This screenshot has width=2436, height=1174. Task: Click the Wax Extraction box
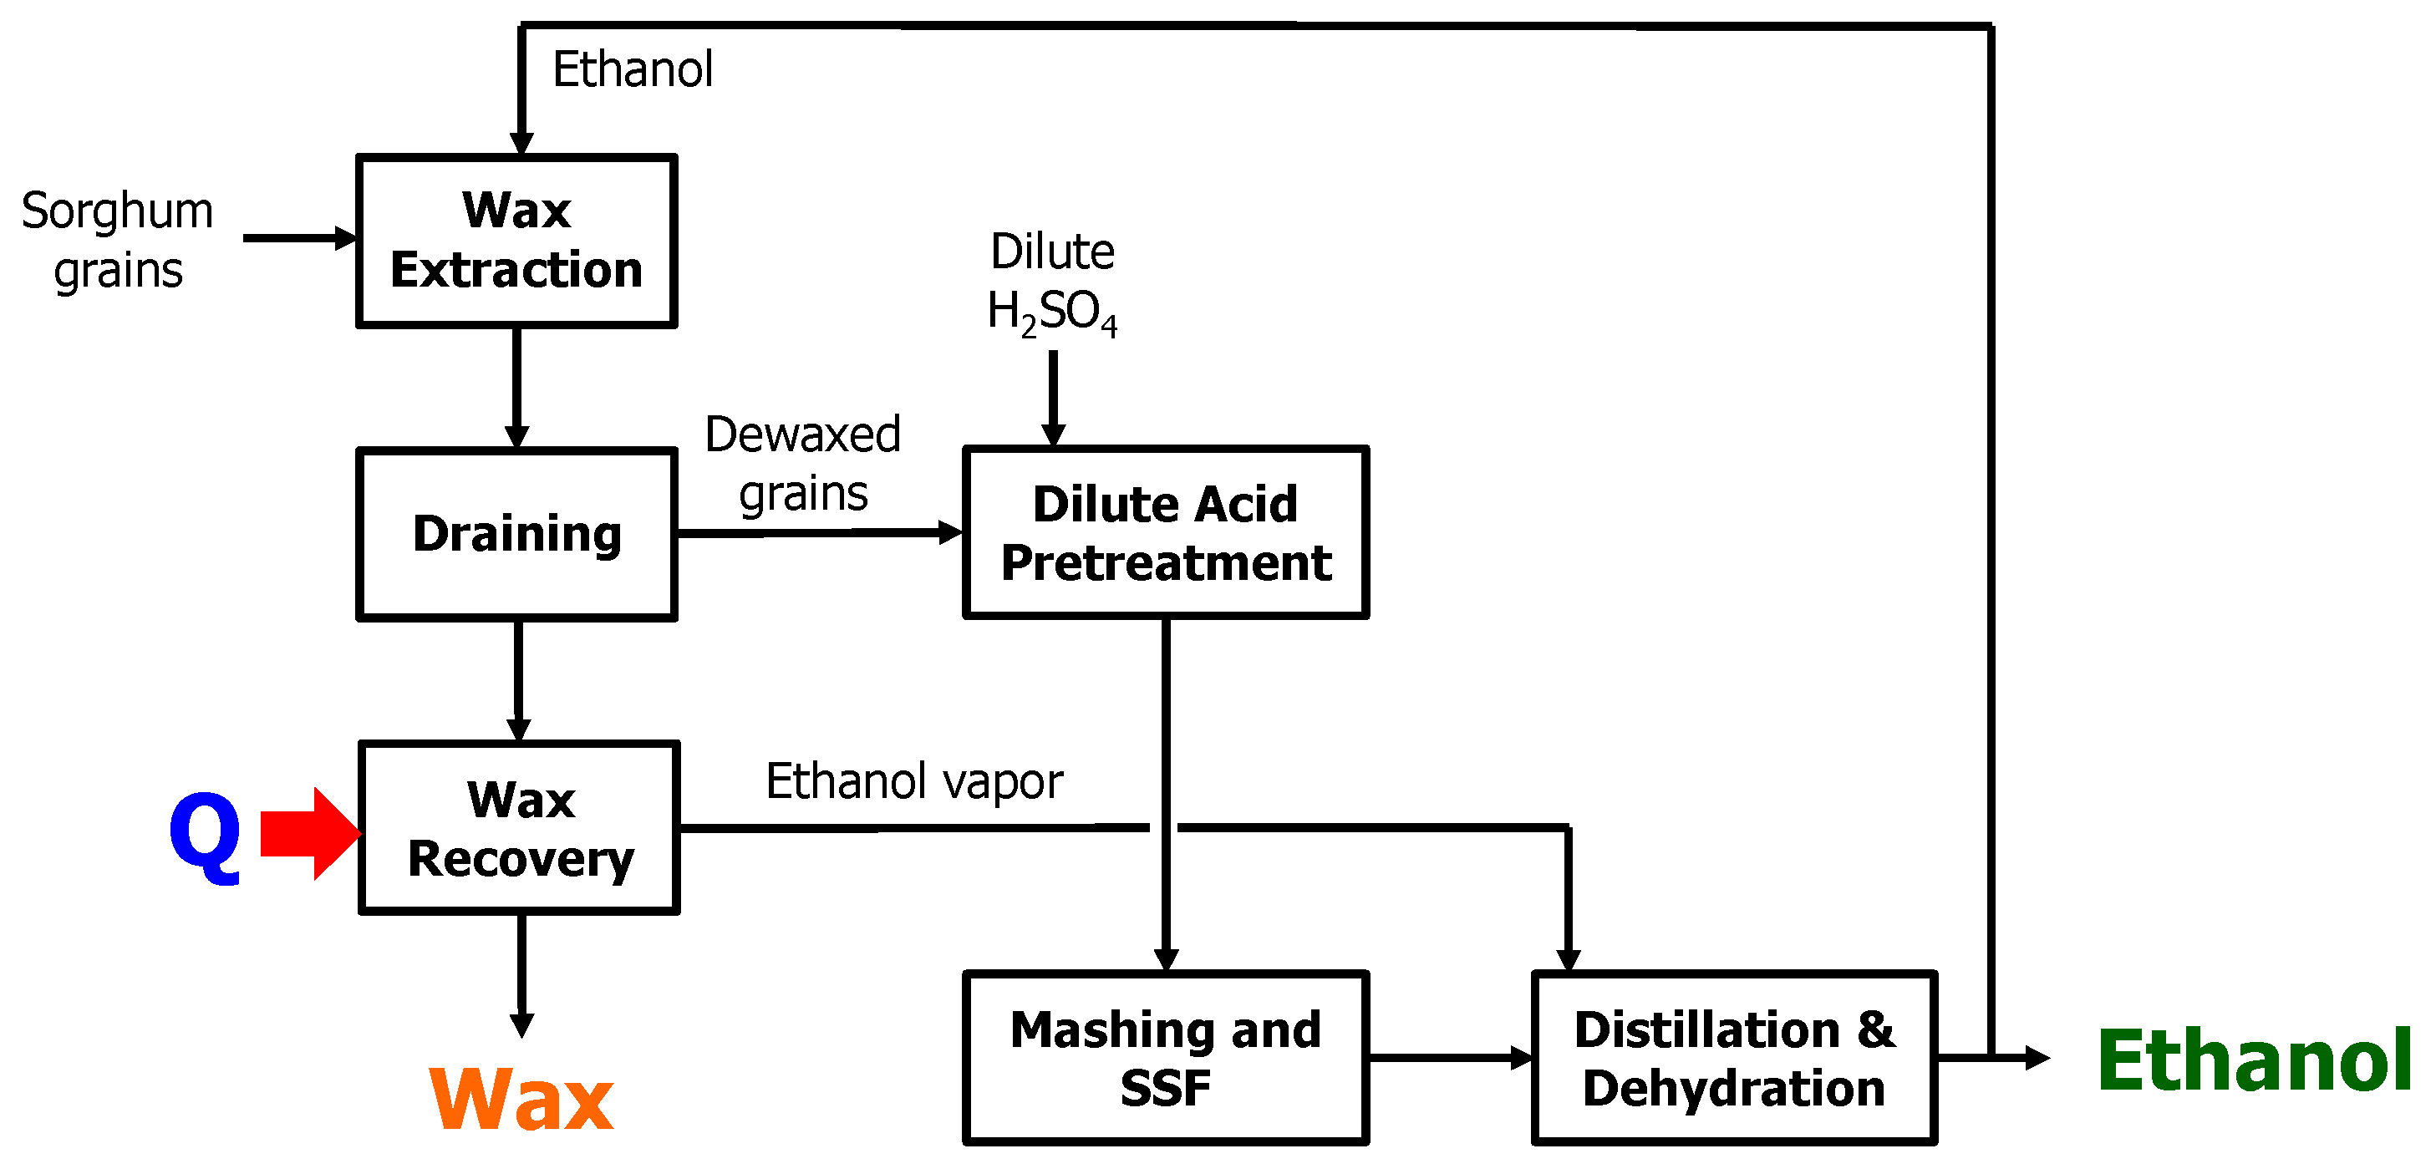click(516, 241)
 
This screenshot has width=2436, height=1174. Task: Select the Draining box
click(516, 534)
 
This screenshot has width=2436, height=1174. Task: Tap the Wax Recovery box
click(519, 828)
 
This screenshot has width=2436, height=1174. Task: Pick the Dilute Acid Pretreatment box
click(1165, 532)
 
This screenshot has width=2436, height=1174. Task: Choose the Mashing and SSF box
click(1165, 1058)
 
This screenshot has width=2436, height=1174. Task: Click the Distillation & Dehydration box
click(1733, 1058)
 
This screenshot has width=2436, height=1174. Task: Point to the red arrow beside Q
click(308, 834)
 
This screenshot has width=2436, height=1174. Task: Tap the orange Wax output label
click(521, 1099)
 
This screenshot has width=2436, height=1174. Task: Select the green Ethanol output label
click(2254, 1060)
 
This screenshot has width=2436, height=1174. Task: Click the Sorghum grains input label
click(117, 240)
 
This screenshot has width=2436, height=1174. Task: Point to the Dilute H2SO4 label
click(1051, 282)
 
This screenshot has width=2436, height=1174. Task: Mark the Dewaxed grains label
click(803, 463)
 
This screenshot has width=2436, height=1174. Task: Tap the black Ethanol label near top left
click(632, 69)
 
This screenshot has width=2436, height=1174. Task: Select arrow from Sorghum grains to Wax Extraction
click(298, 238)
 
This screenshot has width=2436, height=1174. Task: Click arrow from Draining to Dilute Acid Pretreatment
click(818, 533)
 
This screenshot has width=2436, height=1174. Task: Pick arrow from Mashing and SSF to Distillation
click(1449, 1058)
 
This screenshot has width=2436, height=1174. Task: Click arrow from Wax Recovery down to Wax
click(521, 973)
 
